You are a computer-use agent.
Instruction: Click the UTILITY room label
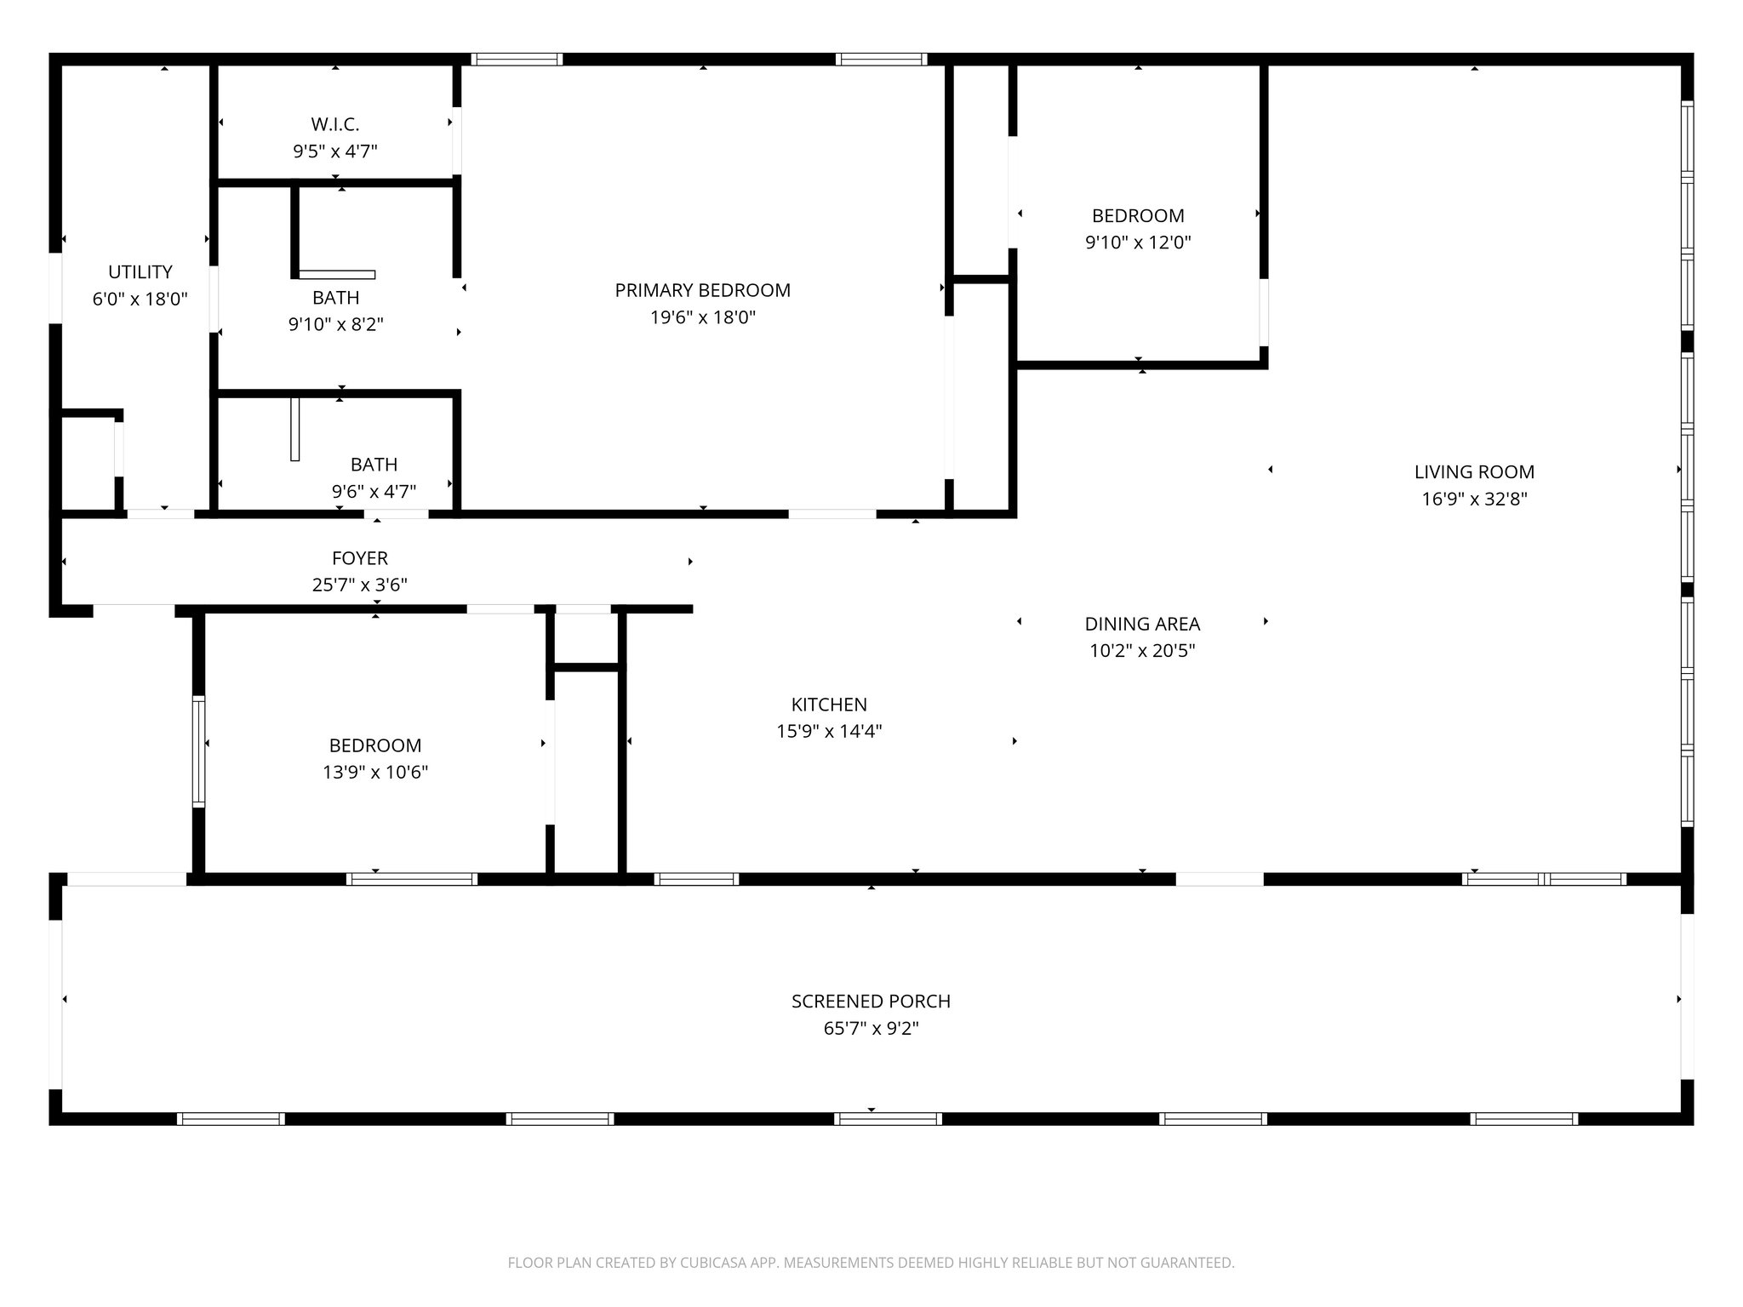pyautogui.click(x=140, y=272)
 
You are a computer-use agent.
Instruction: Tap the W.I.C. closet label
pyautogui.click(x=335, y=124)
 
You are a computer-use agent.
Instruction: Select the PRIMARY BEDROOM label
pyautogui.click(x=702, y=290)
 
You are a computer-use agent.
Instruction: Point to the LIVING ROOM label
pyautogui.click(x=1474, y=472)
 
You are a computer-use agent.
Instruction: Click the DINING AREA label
pyautogui.click(x=1142, y=624)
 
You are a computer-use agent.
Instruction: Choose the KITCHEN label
pyautogui.click(x=829, y=705)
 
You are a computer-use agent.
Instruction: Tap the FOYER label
pyautogui.click(x=360, y=558)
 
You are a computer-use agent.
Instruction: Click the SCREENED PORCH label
pyautogui.click(x=871, y=1002)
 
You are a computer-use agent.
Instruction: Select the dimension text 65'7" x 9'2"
pyautogui.click(x=871, y=1029)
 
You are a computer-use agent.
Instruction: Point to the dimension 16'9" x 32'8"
pyautogui.click(x=1474, y=499)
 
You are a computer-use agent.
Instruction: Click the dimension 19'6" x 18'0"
pyautogui.click(x=702, y=317)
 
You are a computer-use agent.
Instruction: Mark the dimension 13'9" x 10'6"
pyautogui.click(x=374, y=773)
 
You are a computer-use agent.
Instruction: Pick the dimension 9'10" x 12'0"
pyautogui.click(x=1138, y=243)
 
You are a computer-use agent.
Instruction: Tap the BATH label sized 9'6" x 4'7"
pyautogui.click(x=374, y=465)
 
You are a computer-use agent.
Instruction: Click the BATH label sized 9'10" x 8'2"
pyautogui.click(x=335, y=298)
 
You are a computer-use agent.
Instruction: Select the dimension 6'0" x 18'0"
pyautogui.click(x=140, y=300)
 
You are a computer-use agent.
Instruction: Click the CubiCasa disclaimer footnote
pyautogui.click(x=871, y=1263)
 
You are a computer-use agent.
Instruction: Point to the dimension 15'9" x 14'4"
pyautogui.click(x=829, y=732)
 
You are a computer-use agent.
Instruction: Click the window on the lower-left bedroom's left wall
pyautogui.click(x=198, y=751)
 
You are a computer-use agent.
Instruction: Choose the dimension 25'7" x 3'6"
pyautogui.click(x=360, y=585)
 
